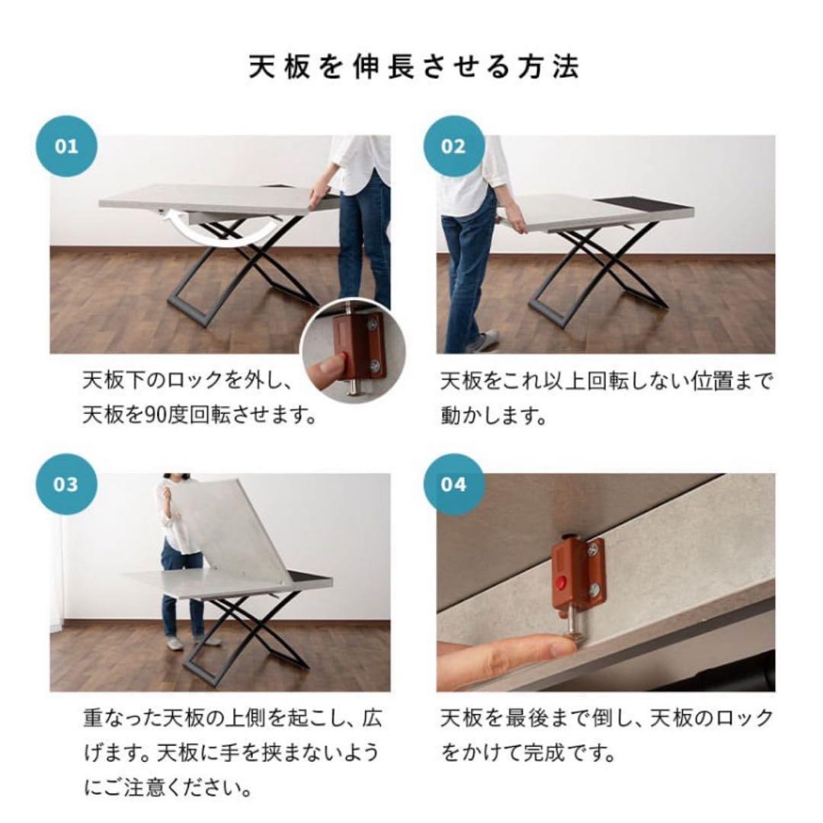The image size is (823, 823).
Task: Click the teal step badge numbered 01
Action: [x=67, y=146]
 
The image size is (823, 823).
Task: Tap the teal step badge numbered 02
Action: [x=453, y=146]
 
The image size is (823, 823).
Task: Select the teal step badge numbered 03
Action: [x=67, y=484]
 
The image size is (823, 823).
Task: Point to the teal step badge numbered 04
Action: [x=453, y=484]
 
